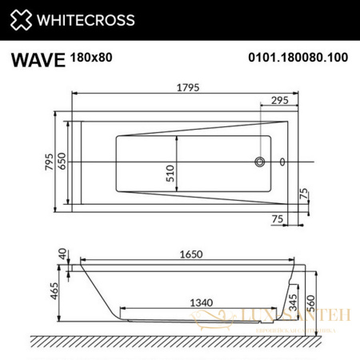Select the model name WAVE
[35, 59]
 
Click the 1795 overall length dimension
[187, 87]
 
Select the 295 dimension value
[278, 101]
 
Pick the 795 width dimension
[50, 162]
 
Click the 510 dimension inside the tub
[170, 175]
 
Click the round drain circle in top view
[259, 162]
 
